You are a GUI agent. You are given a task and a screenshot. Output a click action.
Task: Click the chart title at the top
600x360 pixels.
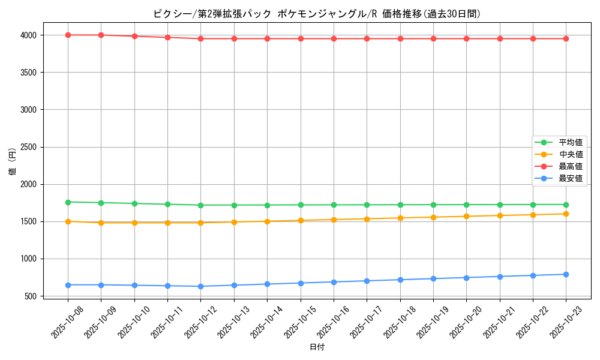point(317,14)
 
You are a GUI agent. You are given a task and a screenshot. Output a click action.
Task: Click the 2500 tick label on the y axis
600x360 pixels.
point(28,147)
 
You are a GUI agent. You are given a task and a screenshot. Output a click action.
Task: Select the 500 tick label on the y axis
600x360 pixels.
point(31,296)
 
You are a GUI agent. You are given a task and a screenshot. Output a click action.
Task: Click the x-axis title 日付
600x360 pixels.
point(317,347)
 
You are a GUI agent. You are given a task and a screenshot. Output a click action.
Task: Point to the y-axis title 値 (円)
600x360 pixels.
point(13,163)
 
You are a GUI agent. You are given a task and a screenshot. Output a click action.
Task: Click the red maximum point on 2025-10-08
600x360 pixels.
point(68,35)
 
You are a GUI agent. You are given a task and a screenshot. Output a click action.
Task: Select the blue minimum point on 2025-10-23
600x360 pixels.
point(566,274)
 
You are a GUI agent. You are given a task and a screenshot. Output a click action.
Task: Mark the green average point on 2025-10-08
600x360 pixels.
point(68,202)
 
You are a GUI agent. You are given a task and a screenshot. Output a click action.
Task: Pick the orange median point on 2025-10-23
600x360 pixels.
point(566,214)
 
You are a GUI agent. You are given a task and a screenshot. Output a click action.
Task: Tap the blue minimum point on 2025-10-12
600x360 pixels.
point(200,286)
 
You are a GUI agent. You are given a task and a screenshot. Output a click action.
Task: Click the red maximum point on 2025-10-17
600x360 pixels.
point(367,39)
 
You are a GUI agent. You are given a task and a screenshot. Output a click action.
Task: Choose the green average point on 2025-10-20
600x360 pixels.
point(466,205)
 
